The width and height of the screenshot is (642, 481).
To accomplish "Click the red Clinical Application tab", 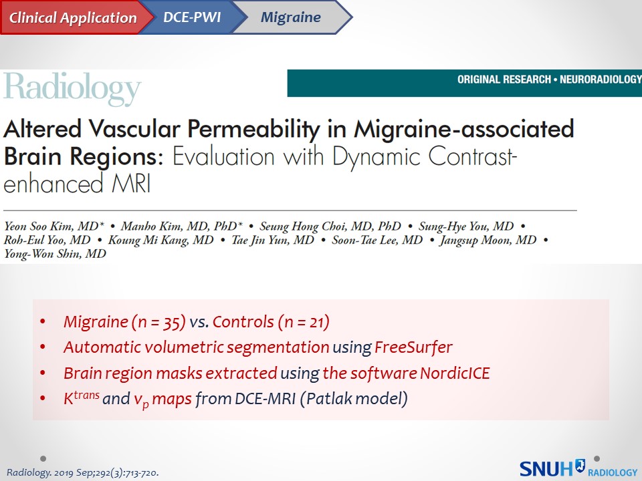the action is [x=74, y=17].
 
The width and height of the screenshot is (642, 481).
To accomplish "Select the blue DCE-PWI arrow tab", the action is [x=193, y=17].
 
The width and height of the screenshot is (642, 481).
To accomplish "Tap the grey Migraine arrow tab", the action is [x=292, y=17].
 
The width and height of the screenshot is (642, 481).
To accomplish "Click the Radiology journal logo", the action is [x=72, y=89].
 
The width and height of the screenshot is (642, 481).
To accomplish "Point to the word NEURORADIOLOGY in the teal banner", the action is [x=601, y=79].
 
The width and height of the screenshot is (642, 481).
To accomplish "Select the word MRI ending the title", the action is [x=131, y=184].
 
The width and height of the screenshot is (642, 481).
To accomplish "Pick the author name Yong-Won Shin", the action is [x=42, y=254].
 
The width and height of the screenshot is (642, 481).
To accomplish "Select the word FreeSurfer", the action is [x=413, y=347].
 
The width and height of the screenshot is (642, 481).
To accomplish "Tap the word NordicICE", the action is [x=455, y=373].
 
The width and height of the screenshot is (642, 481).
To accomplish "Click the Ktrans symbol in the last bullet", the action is [x=82, y=397].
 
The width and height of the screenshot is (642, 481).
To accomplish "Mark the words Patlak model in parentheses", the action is [x=355, y=398].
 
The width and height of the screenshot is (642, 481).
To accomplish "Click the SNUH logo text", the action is [x=546, y=469].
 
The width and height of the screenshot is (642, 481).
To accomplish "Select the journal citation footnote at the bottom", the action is [x=83, y=473].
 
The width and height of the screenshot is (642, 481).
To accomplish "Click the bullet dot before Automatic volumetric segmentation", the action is [x=43, y=347].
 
